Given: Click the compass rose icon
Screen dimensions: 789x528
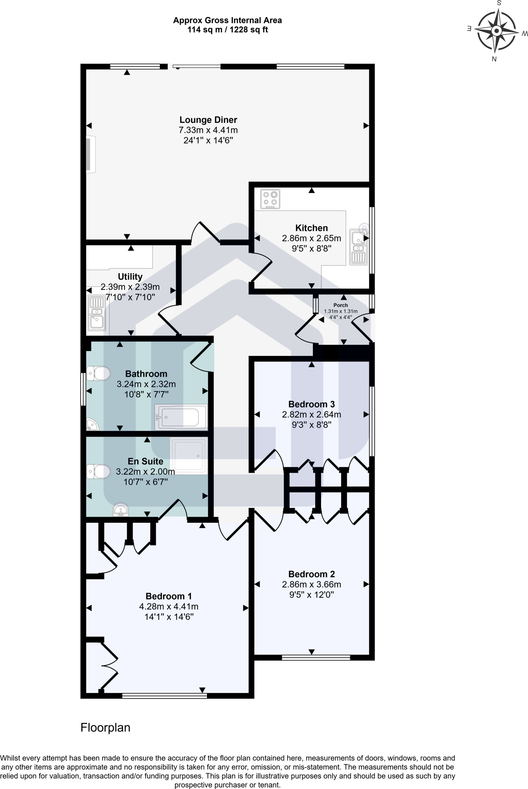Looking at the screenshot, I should [x=497, y=31].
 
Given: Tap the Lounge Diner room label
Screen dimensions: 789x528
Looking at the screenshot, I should [x=208, y=120].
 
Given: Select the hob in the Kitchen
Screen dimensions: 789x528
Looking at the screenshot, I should [x=269, y=199].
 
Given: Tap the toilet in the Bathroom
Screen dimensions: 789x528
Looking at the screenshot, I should [x=98, y=373].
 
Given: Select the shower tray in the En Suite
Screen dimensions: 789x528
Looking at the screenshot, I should [x=189, y=455].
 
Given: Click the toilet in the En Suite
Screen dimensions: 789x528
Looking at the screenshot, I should [x=98, y=471].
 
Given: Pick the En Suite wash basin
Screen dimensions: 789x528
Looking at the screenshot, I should [x=121, y=510].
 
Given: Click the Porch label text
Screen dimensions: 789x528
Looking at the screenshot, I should [x=341, y=305].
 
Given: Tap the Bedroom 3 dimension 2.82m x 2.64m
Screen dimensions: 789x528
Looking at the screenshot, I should [x=311, y=415].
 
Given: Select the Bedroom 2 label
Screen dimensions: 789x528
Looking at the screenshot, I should [x=311, y=574].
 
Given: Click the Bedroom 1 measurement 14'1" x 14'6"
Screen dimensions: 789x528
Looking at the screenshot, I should [x=169, y=617].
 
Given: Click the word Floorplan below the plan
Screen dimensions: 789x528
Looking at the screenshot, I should [x=105, y=728].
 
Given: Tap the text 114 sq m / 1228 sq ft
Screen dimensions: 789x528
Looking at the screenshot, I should [x=227, y=30].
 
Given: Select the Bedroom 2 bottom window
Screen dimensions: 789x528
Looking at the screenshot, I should [x=316, y=658].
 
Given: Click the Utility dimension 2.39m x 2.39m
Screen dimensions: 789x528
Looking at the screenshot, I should [x=130, y=287].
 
